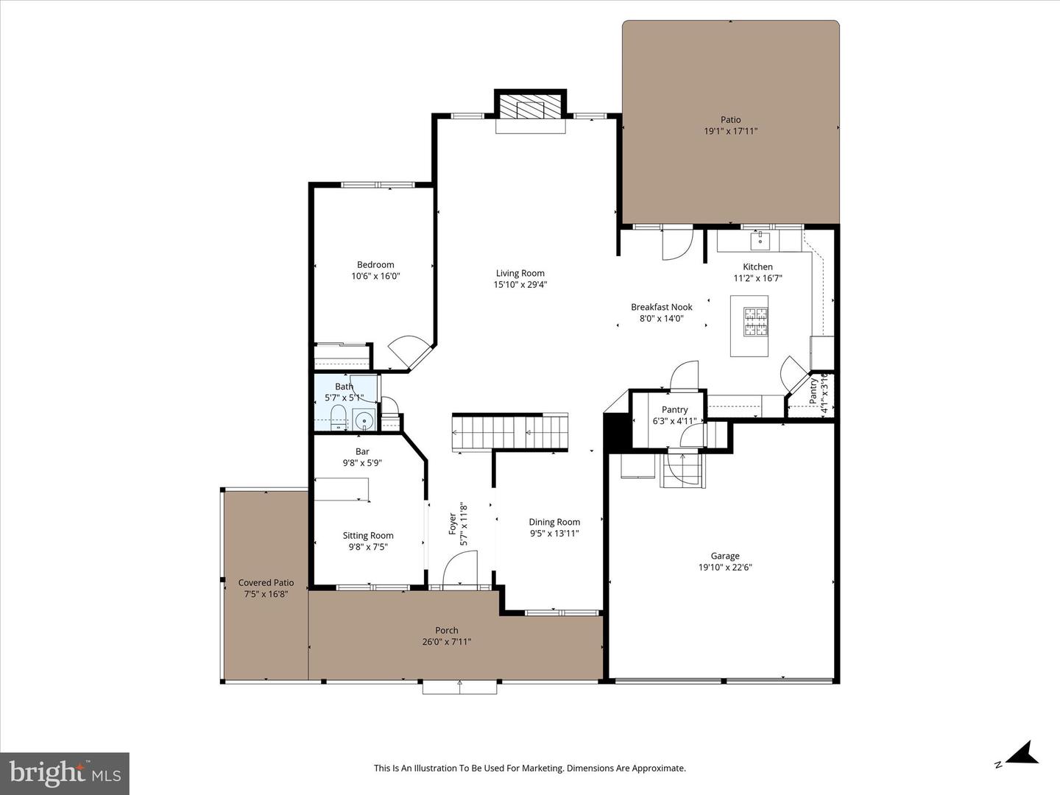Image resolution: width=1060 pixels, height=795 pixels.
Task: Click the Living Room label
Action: pos(520,273)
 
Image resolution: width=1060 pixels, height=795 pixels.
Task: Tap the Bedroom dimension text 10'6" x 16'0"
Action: pos(375,277)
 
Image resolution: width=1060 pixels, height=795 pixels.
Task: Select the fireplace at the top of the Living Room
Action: pos(530,109)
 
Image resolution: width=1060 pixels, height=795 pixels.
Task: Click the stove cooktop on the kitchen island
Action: pos(755,322)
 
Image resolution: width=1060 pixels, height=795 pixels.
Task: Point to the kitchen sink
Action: pos(760,240)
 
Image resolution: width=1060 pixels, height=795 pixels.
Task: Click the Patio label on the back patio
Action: pos(730,120)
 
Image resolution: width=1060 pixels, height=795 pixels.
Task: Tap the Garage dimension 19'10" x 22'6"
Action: pos(725,568)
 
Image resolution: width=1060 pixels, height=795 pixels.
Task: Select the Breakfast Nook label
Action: pos(661,307)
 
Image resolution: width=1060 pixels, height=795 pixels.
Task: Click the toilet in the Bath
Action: pos(338,417)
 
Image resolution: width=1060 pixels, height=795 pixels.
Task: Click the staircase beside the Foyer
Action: pos(510,432)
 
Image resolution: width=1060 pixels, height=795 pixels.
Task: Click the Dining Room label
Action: pos(554,522)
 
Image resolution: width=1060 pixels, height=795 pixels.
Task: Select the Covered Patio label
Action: pos(266,582)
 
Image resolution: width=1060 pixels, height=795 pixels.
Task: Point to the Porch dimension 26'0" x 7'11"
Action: pos(446,642)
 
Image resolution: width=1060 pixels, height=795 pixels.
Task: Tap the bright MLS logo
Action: pos(65,773)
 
